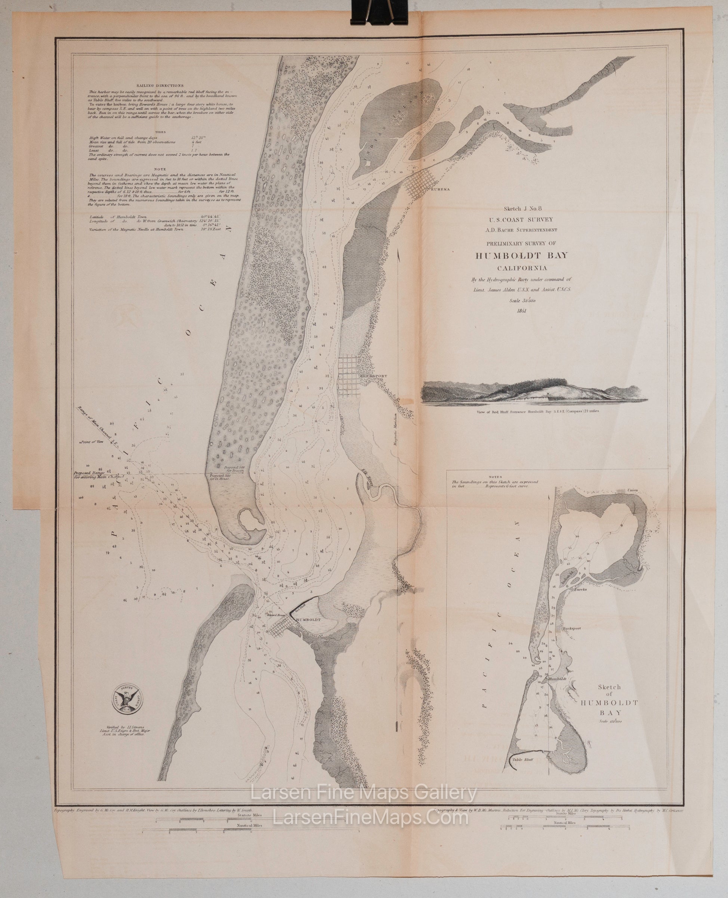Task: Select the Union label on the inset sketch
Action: [636, 491]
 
